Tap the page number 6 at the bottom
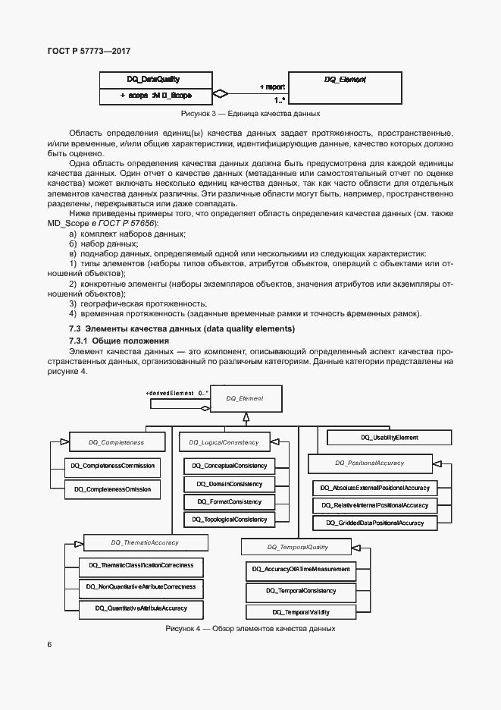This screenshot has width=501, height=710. [x=50, y=644]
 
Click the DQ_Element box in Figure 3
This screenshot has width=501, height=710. [x=345, y=87]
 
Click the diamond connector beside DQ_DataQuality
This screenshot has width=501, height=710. [x=219, y=95]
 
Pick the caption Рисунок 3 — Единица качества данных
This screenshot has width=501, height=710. [x=250, y=114]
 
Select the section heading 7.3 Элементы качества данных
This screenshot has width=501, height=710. [x=182, y=328]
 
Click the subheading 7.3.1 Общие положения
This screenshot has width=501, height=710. [x=119, y=341]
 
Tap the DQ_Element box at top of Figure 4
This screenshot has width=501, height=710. [x=244, y=398]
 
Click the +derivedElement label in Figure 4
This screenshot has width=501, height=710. [x=171, y=394]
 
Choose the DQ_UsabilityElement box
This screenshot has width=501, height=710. [x=389, y=438]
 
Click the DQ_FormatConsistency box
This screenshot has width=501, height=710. [x=230, y=501]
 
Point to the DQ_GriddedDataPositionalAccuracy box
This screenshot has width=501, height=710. [x=374, y=523]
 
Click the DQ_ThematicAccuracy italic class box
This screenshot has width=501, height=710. [x=146, y=542]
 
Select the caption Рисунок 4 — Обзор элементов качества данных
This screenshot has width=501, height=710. [x=250, y=629]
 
